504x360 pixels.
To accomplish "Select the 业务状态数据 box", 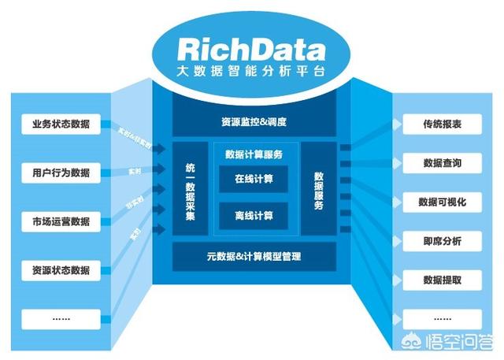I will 61,124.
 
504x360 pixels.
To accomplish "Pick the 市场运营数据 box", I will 61,221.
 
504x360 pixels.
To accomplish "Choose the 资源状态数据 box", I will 61,270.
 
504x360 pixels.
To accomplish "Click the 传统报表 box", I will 441,124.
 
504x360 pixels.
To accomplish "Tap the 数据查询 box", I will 441,163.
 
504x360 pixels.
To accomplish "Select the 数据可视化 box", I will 441,202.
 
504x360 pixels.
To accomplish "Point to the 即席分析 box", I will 441,240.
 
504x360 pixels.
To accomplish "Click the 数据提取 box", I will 441,279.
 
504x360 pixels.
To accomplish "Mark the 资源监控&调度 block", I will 254,123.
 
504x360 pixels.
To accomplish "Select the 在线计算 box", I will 254,179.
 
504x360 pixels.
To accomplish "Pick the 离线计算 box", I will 254,214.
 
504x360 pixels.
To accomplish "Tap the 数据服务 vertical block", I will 319,189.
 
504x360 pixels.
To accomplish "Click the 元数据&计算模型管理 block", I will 254,257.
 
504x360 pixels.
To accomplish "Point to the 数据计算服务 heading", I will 254,154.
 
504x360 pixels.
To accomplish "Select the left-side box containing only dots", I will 61,318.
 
